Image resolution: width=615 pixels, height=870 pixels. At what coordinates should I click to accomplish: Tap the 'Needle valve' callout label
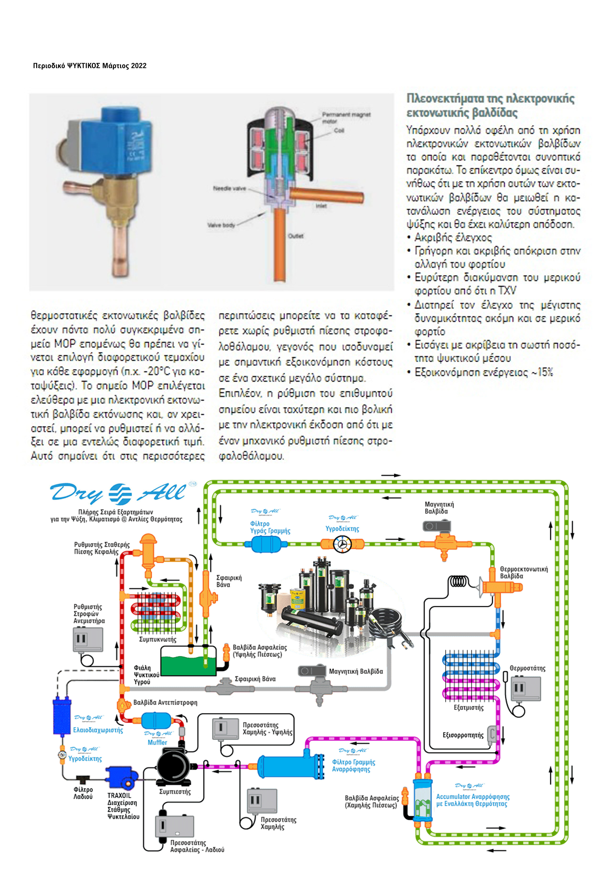(x=229, y=188)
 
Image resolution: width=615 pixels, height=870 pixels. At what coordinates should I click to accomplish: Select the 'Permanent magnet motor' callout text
(x=346, y=118)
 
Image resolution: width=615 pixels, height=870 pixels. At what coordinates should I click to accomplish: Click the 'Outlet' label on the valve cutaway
(x=296, y=236)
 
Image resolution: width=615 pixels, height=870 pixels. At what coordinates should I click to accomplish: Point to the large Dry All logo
(x=118, y=493)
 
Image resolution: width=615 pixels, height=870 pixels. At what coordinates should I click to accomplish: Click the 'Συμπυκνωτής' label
(x=158, y=639)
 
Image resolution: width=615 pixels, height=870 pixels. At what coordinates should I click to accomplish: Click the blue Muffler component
(x=156, y=720)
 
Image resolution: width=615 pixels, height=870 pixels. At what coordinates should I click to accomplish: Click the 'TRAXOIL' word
(x=119, y=796)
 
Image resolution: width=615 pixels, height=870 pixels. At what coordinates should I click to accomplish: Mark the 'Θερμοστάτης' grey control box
(x=526, y=688)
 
